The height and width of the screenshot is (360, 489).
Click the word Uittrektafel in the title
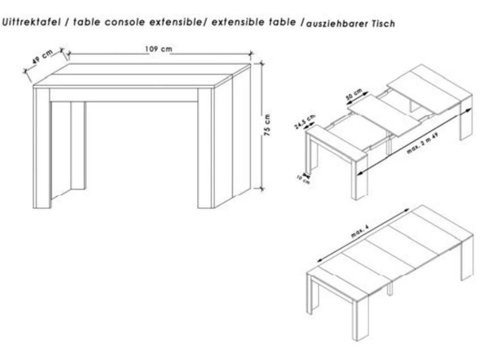(x=31, y=22)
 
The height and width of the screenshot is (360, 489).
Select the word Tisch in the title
(x=383, y=23)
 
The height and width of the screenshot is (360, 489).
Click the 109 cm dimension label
(x=158, y=49)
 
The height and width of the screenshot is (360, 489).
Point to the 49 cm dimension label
(x=43, y=57)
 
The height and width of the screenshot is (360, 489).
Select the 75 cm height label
(x=267, y=125)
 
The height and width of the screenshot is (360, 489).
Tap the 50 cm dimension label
(x=354, y=94)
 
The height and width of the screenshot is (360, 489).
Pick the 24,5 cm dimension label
(x=305, y=121)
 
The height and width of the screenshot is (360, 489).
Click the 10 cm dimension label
(x=303, y=179)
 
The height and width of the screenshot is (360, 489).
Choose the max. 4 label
(x=360, y=232)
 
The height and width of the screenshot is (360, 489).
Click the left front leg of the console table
(x=42, y=148)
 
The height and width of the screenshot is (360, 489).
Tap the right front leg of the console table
(x=205, y=148)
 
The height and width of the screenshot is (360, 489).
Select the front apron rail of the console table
(x=124, y=95)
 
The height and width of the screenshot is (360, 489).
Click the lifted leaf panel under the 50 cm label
(x=385, y=115)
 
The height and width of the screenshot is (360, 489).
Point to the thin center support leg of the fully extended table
(x=390, y=289)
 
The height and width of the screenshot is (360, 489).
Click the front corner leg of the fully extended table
(x=360, y=317)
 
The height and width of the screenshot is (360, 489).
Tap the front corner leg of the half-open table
(x=360, y=177)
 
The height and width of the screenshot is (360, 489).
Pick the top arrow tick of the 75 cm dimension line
(x=262, y=64)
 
